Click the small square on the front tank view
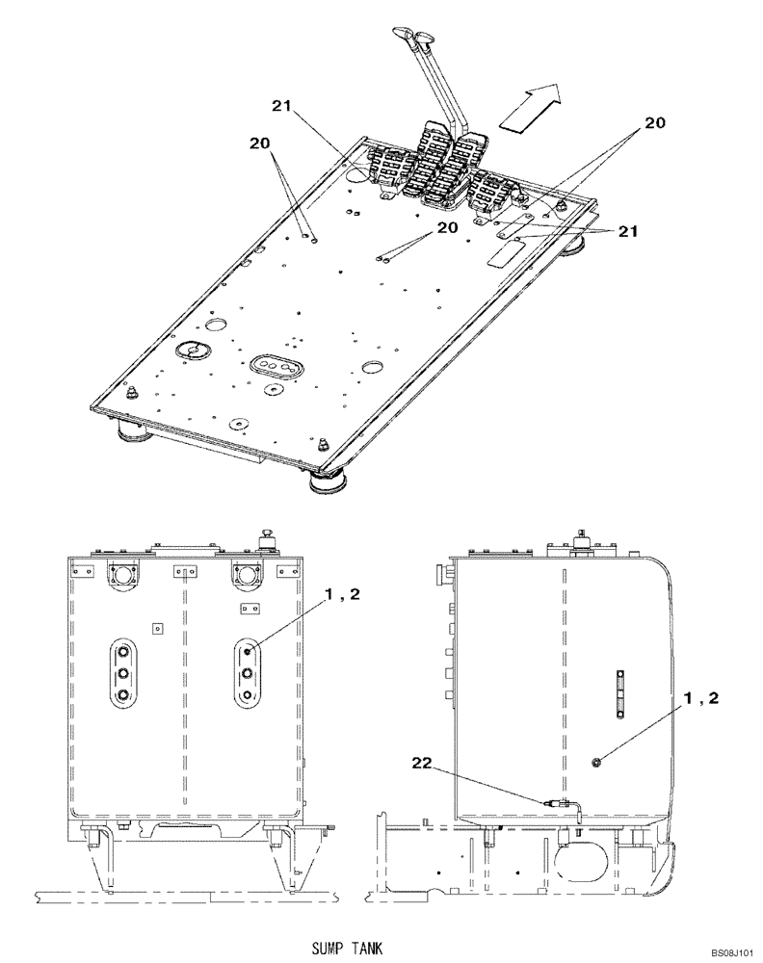click(x=158, y=628)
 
